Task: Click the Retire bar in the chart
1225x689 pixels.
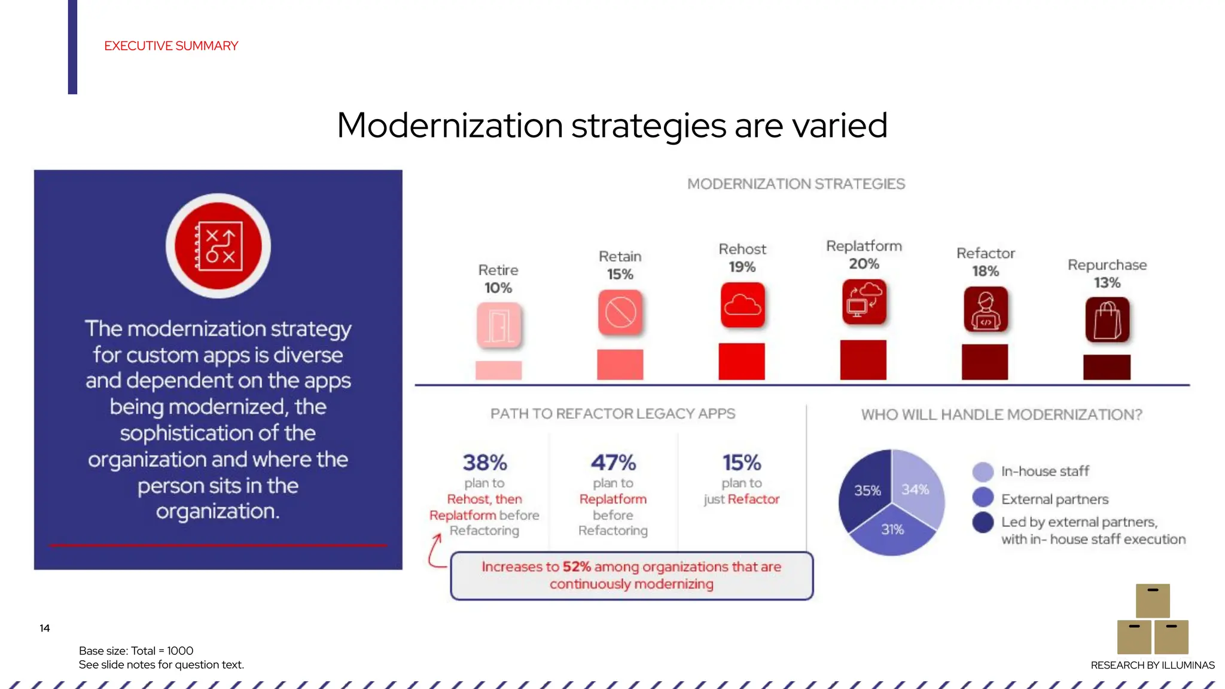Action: pyautogui.click(x=498, y=370)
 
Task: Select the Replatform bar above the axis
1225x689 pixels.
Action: pyautogui.click(x=863, y=360)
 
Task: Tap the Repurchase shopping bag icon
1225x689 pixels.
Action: pyautogui.click(x=1107, y=320)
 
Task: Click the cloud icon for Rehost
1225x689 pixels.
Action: pyautogui.click(x=742, y=305)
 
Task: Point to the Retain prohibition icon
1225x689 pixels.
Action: pyautogui.click(x=620, y=312)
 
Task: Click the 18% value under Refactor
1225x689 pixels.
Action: pyautogui.click(x=985, y=271)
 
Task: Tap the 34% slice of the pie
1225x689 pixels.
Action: pyautogui.click(x=916, y=489)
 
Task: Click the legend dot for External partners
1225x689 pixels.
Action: pyautogui.click(x=983, y=498)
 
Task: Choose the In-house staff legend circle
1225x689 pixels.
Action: pyautogui.click(x=983, y=471)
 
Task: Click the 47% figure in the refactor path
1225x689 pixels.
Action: pyautogui.click(x=613, y=462)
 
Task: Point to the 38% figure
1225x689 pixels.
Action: pyautogui.click(x=484, y=462)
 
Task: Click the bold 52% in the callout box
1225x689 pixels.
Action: pyautogui.click(x=577, y=566)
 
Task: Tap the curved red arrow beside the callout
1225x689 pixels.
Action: pyautogui.click(x=435, y=551)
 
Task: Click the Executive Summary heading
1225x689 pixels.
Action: pyautogui.click(x=171, y=46)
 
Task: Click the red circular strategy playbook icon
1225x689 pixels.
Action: pyautogui.click(x=218, y=246)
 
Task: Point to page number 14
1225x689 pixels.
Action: pyautogui.click(x=45, y=628)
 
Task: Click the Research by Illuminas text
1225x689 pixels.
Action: pyautogui.click(x=1152, y=665)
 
